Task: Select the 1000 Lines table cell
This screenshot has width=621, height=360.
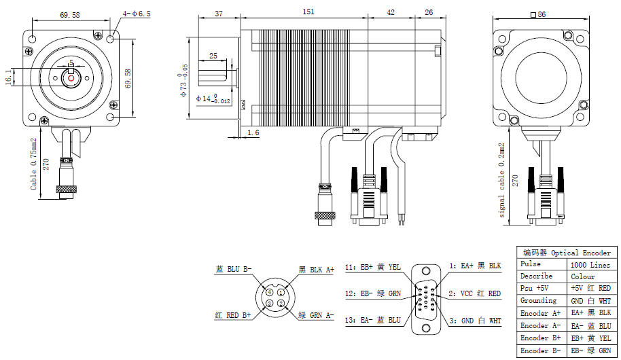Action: click(590, 265)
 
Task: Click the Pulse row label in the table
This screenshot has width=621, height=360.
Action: click(531, 264)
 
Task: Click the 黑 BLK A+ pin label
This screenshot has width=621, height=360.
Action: click(317, 270)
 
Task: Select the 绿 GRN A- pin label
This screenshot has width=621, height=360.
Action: click(317, 315)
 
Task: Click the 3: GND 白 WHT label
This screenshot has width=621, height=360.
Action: click(475, 320)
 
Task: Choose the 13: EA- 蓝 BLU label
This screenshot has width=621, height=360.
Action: click(373, 321)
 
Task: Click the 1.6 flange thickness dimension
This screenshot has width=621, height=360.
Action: click(253, 132)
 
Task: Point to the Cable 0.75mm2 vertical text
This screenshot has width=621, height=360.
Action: click(34, 164)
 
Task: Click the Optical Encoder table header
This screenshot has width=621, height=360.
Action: click(567, 253)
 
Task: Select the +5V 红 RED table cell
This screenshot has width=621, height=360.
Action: click(590, 288)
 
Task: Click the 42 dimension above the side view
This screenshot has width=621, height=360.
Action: click(390, 12)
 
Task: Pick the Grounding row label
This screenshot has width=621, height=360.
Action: click(539, 300)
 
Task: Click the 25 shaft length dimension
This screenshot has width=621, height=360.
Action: click(213, 56)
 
